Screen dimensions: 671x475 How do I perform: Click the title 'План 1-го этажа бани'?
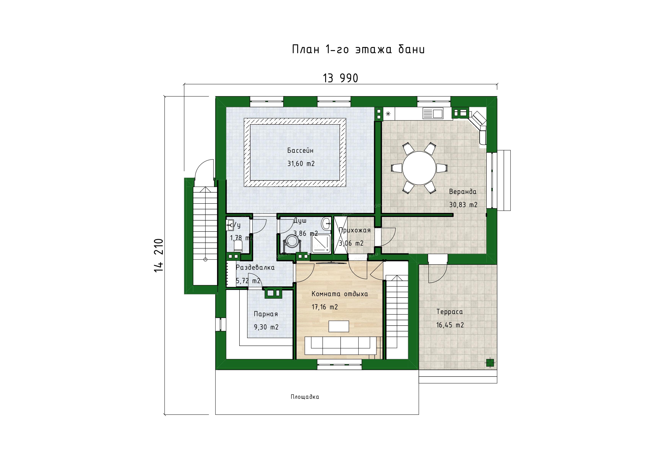[x=358, y=49]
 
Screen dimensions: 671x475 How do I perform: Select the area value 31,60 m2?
[x=301, y=164]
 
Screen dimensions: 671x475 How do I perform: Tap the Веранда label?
[x=463, y=192]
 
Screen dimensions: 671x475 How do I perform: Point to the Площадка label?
[x=305, y=397]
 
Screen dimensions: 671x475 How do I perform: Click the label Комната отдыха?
[x=340, y=294]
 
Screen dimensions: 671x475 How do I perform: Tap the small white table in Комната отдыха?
[x=339, y=326]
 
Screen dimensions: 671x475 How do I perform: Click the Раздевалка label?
[x=255, y=267]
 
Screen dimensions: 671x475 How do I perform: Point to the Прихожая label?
[x=354, y=230]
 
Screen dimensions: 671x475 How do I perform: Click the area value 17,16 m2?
[x=325, y=307]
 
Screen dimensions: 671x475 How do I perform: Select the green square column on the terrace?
[x=490, y=363]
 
